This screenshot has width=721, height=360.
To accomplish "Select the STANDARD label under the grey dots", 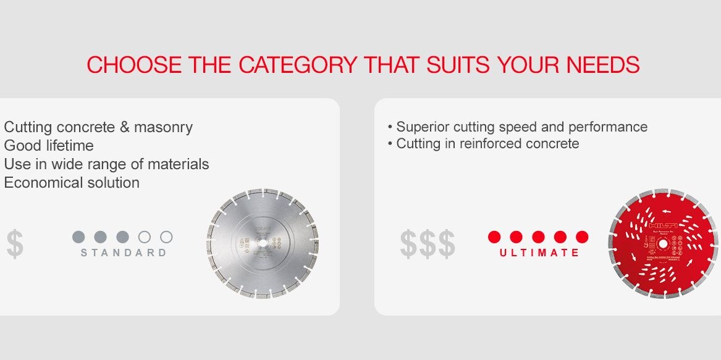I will [124, 253].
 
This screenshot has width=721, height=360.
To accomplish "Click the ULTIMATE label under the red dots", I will [539, 253].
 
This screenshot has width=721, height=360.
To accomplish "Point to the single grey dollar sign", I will [15, 244].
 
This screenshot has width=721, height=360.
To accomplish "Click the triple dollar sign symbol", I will [428, 244].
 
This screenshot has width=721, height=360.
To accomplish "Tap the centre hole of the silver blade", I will [263, 244].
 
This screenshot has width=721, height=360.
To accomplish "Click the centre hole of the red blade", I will [662, 243].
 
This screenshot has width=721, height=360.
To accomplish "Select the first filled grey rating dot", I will [78, 237].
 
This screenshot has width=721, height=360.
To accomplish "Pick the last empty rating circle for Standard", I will [166, 237].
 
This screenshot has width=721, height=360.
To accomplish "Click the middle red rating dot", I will [538, 237].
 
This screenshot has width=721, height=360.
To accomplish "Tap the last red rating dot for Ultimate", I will [582, 237].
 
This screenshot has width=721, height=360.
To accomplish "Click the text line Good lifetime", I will [49, 146].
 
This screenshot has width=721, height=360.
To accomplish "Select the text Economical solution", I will [72, 183].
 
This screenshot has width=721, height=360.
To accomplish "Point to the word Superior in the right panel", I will [420, 127].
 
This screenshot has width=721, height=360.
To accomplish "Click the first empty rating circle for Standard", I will [145, 237].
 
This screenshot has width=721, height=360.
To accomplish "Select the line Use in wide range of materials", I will [106, 164].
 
